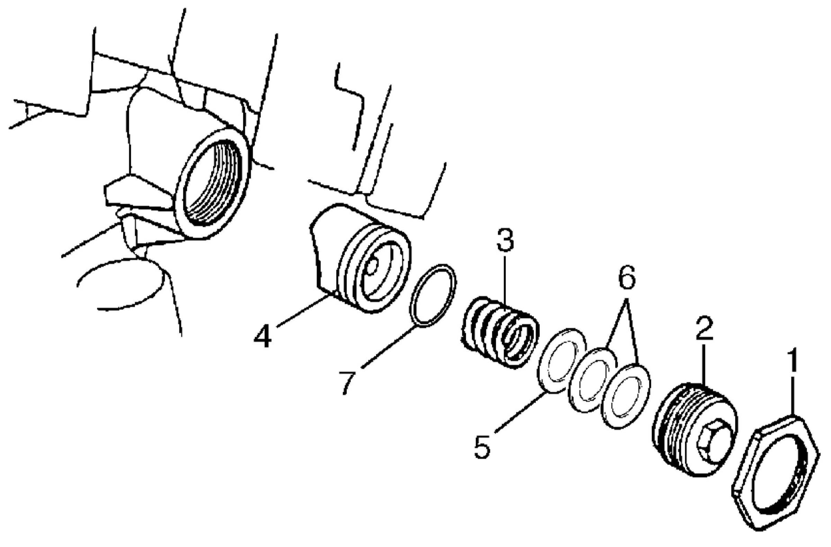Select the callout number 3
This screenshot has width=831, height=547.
(x=505, y=241)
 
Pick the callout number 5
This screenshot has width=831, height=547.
(x=482, y=446)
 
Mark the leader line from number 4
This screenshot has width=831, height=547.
(x=304, y=310)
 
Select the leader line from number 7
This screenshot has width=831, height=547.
(x=387, y=346)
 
